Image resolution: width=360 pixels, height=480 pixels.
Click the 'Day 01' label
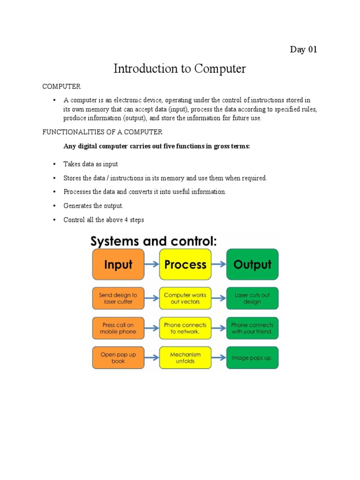[303, 50]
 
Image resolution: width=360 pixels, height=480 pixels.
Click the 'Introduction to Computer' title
[180, 69]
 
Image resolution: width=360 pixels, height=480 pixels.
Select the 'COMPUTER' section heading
[61, 87]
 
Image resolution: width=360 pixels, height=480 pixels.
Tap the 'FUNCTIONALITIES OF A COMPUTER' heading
[103, 132]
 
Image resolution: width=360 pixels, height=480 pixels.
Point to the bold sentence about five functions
[157, 146]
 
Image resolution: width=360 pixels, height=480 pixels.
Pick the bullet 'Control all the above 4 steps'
[104, 220]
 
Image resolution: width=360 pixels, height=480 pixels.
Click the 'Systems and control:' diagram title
[153, 241]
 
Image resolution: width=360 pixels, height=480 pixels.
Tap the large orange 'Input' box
[118, 264]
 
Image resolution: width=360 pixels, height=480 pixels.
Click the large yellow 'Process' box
[185, 264]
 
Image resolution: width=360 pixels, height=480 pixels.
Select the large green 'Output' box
[252, 264]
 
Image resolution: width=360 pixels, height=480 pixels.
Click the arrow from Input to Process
[151, 264]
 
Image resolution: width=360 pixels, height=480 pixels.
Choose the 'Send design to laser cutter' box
[118, 299]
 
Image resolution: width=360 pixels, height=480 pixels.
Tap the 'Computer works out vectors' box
[185, 299]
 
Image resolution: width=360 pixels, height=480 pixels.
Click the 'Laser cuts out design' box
[252, 299]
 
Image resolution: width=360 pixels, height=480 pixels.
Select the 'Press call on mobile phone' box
[118, 328]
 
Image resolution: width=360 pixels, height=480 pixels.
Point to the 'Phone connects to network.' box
[185, 328]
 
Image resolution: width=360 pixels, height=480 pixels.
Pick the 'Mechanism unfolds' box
[185, 358]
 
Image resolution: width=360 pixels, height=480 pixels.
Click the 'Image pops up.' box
[252, 358]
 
